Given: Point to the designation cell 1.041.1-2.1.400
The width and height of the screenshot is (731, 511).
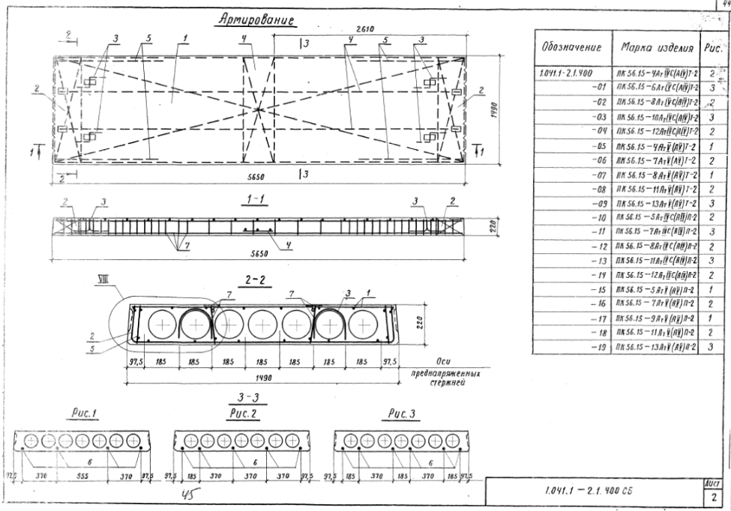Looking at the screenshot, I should click(565, 74).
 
